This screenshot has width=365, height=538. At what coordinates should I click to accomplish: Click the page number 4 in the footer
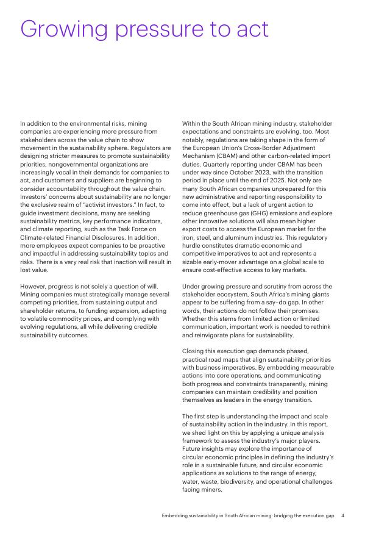[x=342, y=515]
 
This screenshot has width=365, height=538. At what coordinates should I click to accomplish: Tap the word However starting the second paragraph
[x=33, y=286]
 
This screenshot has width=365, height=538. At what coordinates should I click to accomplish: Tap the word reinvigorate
[x=216, y=335]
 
